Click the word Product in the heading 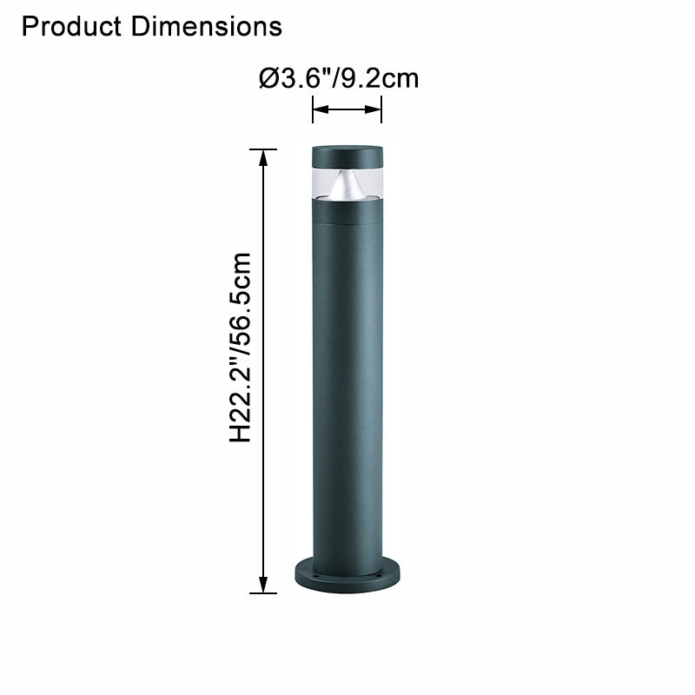coord(73,27)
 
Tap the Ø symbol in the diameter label coord(268,79)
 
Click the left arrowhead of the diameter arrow coord(319,109)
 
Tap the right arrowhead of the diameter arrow coord(375,109)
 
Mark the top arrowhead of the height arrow coord(263,156)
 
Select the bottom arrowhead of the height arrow coord(263,586)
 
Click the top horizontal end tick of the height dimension coord(263,149)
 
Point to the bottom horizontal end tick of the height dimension coord(263,593)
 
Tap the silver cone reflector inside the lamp coord(347,182)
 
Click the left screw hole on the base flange coord(317,575)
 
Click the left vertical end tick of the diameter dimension coord(313,109)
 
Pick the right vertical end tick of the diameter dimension coord(381,109)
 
